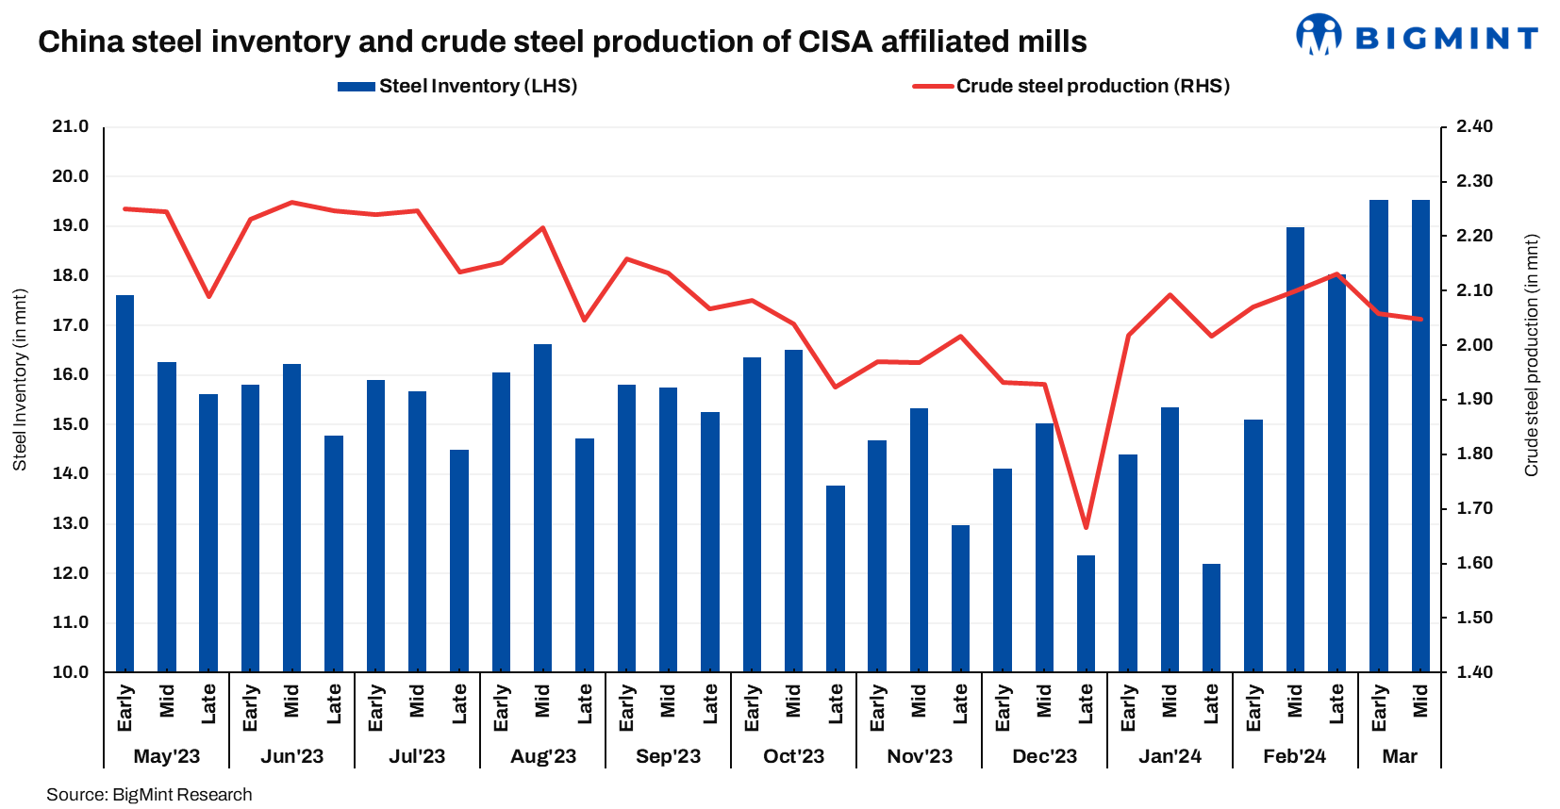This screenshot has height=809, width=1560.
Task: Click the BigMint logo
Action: coord(1416,36)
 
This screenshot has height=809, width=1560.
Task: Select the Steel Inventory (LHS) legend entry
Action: coord(457,86)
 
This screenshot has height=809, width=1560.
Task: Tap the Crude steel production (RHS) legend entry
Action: coord(1071,86)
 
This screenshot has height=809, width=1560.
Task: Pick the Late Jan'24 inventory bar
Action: coord(1212,618)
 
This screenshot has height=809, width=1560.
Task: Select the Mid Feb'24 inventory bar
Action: coord(1295,449)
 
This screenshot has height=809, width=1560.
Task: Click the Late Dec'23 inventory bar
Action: coord(1087,613)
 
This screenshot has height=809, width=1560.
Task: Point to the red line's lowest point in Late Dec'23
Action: coord(1087,527)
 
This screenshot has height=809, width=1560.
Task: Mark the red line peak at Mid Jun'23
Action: coord(292,202)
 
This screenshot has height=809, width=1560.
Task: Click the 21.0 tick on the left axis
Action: coord(71,126)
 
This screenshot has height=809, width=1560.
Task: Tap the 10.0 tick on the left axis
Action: coord(71,672)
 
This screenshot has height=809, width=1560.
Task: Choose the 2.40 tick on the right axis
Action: coord(1474,126)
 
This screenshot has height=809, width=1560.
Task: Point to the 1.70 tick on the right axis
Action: coord(1474,508)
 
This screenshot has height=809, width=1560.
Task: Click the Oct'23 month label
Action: coord(794,756)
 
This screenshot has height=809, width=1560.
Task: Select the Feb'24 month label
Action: coord(1295,756)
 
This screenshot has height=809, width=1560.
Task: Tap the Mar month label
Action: coord(1400,756)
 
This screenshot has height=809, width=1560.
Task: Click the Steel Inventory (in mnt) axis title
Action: coord(20,380)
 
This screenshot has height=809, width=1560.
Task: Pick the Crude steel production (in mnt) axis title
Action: coord(1532,355)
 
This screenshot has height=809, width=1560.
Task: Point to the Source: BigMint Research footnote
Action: coord(149,795)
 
